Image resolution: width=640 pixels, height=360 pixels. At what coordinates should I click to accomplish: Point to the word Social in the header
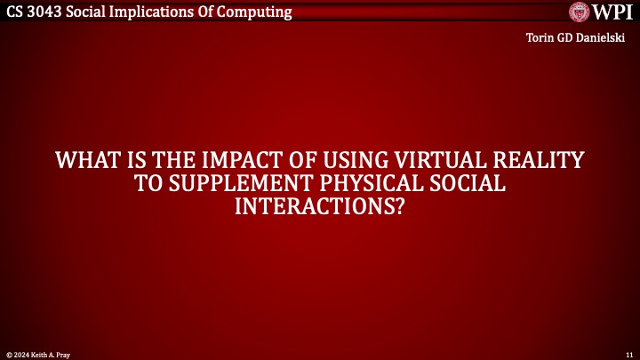[x=92, y=12]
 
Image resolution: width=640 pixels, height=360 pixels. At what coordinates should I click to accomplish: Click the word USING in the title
[x=359, y=162]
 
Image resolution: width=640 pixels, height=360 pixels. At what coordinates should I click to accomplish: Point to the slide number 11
[x=628, y=354]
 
